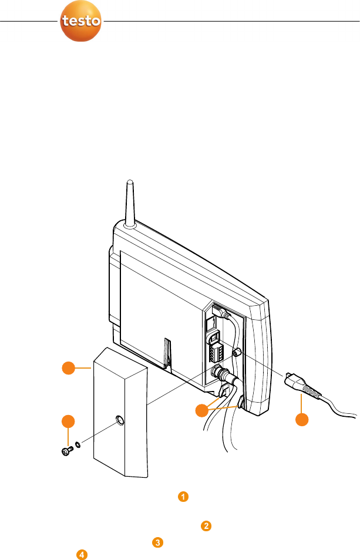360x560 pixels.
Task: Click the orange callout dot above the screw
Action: point(69,421)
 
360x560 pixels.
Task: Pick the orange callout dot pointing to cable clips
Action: point(203,410)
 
